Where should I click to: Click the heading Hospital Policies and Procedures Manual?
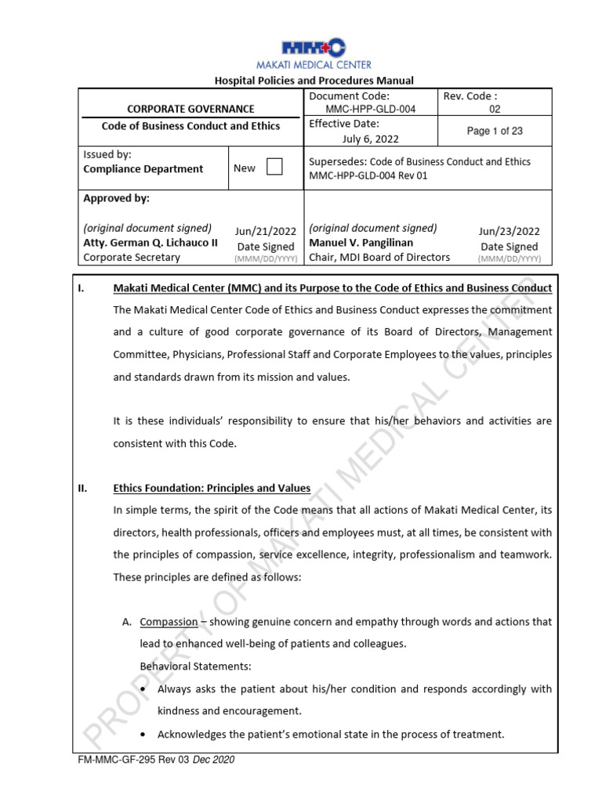(x=314, y=81)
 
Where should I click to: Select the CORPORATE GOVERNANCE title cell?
(x=190, y=109)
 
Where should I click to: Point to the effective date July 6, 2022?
(x=371, y=139)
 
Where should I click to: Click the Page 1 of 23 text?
(x=495, y=131)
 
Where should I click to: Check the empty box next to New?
(x=274, y=168)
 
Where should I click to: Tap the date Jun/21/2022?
(x=266, y=231)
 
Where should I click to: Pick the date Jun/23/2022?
(x=510, y=231)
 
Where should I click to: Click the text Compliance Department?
(x=143, y=168)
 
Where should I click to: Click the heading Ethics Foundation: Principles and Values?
(x=212, y=489)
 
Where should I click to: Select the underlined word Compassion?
(x=169, y=622)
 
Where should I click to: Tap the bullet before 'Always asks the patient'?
(x=142, y=689)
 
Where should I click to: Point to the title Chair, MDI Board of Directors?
(x=379, y=257)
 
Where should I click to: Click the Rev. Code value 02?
(x=495, y=110)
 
